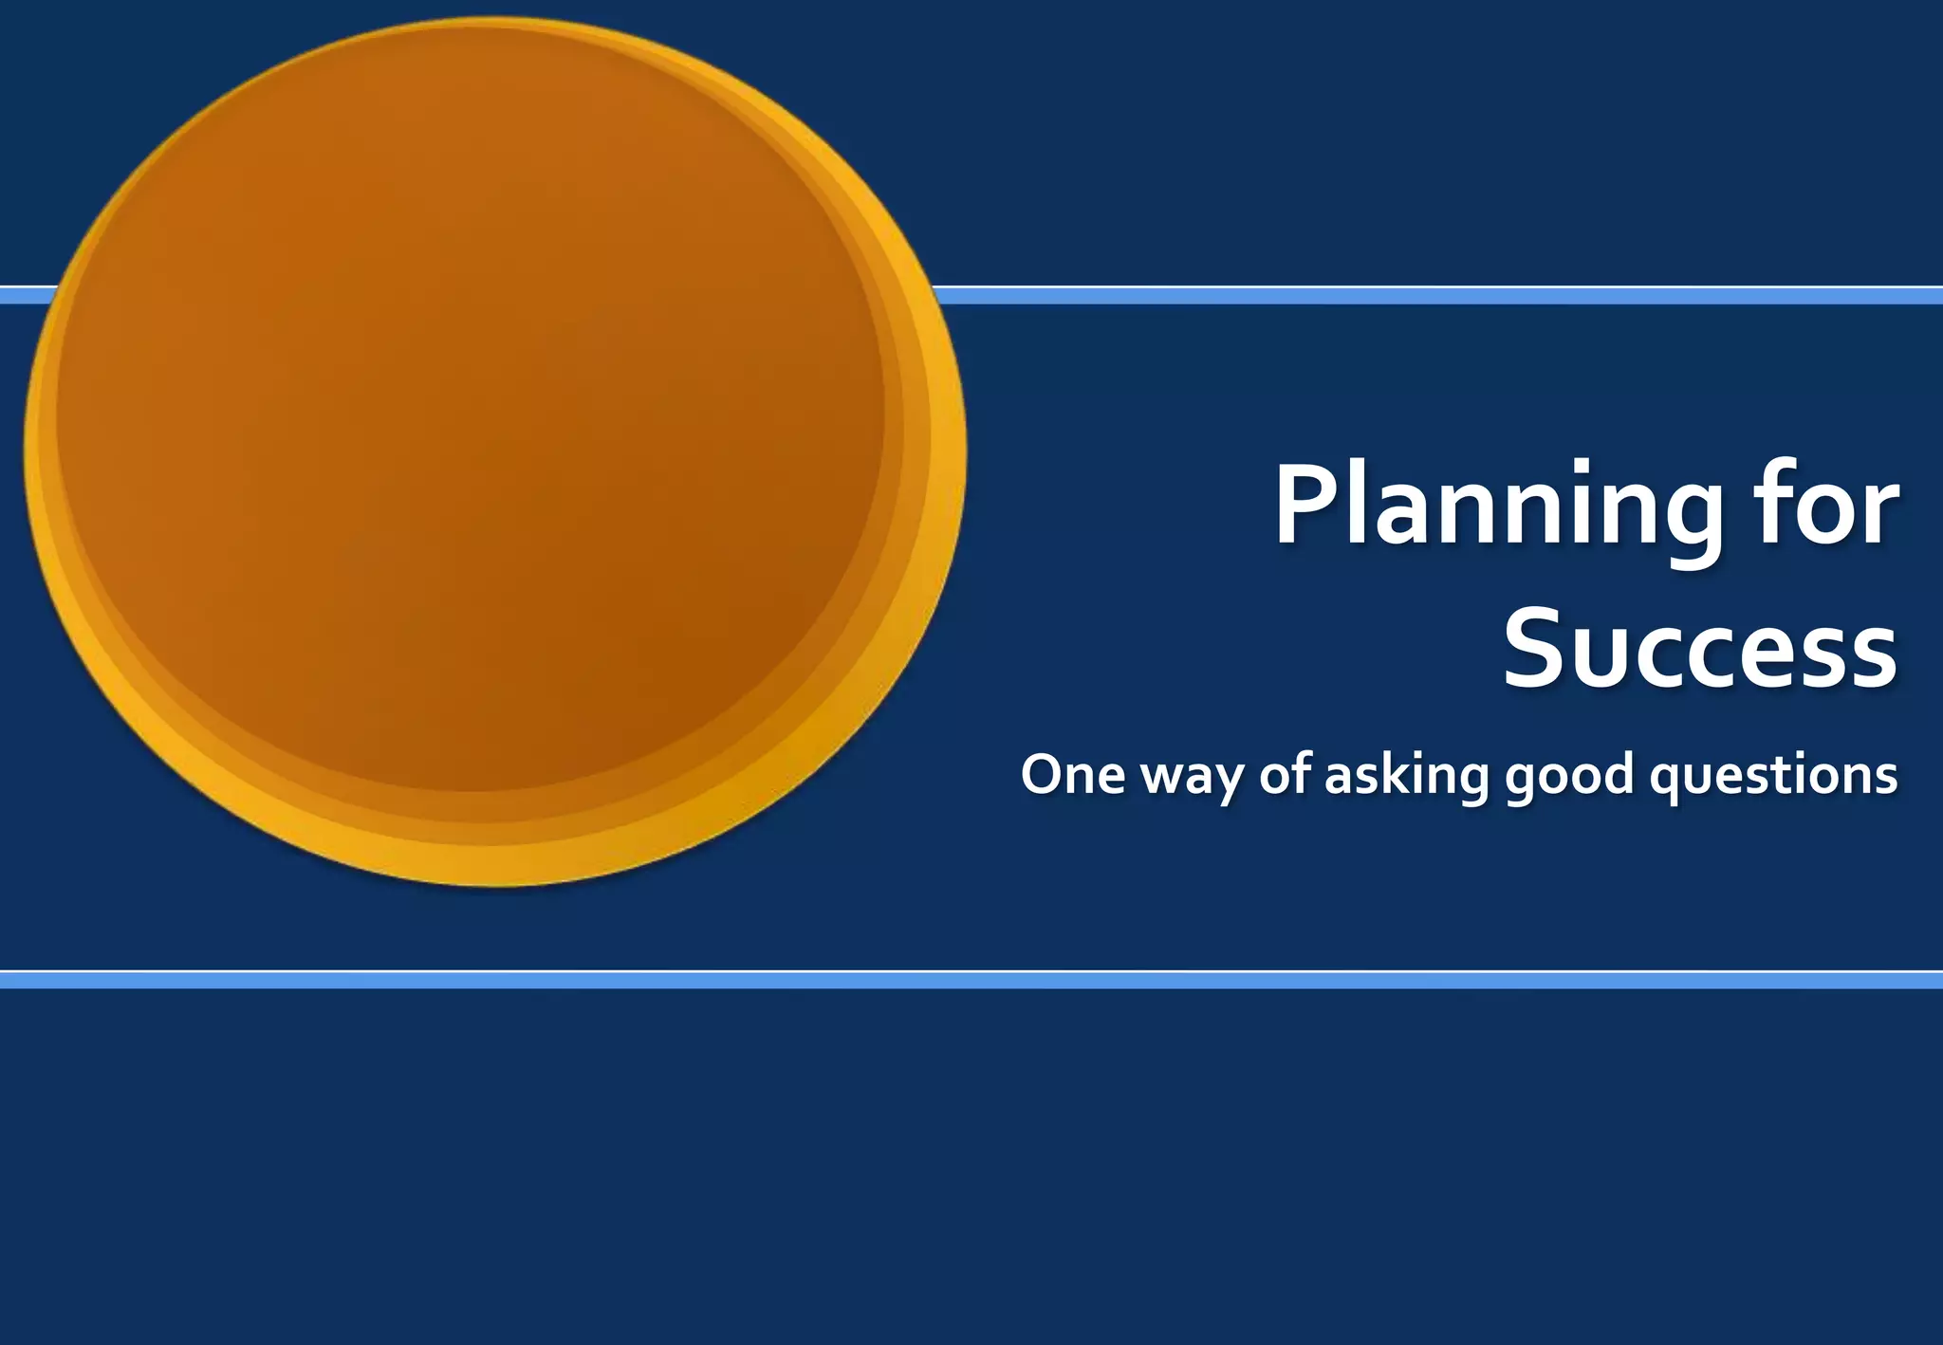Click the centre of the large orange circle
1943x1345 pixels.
[494, 451]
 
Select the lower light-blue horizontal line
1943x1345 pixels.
[971, 980]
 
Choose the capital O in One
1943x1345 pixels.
[1044, 774]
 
